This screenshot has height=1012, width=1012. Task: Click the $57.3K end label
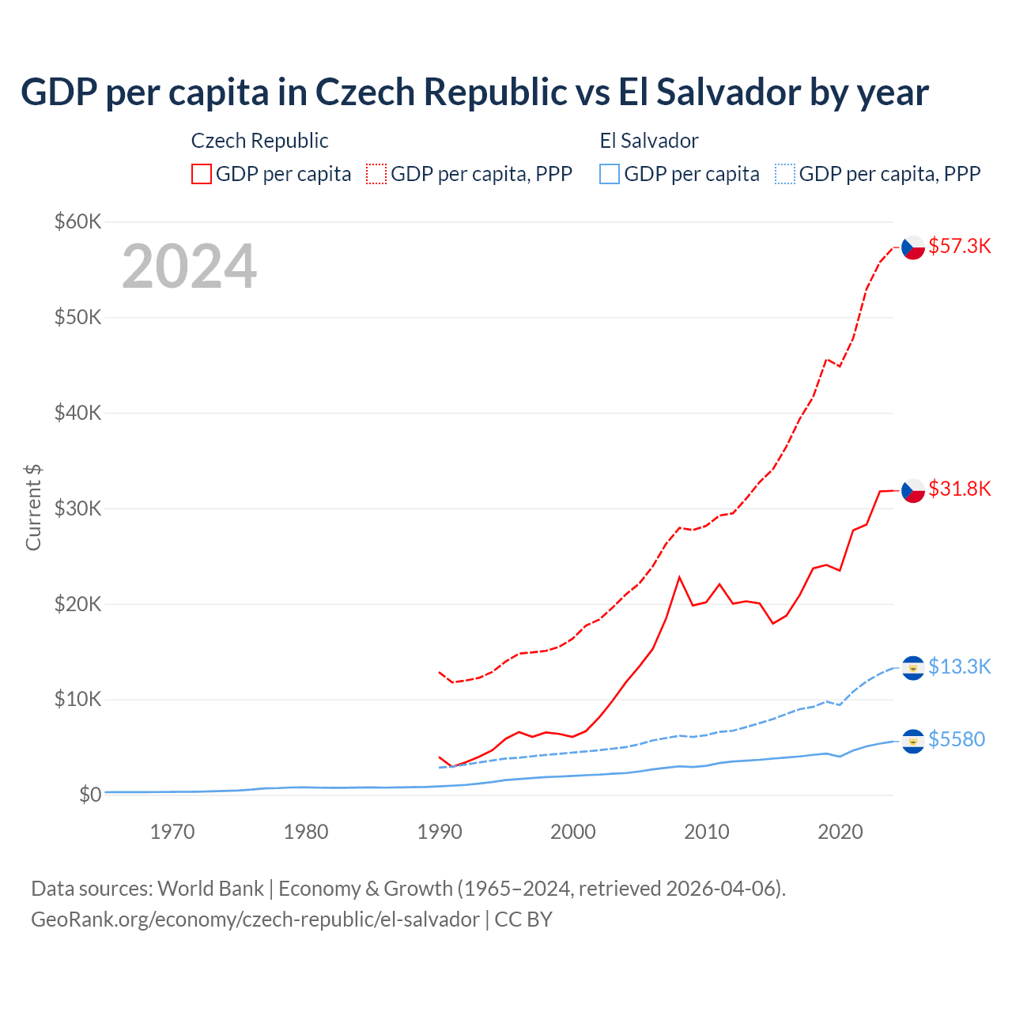(x=959, y=246)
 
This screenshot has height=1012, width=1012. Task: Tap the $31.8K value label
(x=959, y=489)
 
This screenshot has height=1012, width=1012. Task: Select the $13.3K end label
(x=959, y=666)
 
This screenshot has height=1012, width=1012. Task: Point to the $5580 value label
(x=957, y=739)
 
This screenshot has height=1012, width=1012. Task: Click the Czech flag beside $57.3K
(x=913, y=247)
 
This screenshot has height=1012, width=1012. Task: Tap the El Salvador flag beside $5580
(x=913, y=741)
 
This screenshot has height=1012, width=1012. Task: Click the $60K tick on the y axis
(x=77, y=221)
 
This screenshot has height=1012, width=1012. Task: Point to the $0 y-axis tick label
(x=90, y=795)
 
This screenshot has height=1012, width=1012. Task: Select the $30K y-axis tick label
(x=77, y=508)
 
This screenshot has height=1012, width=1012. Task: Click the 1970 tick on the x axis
(x=172, y=832)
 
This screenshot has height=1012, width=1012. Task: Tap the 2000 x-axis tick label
(x=573, y=832)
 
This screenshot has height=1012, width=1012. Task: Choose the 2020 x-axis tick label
(x=840, y=832)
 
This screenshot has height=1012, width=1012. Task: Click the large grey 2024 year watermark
(x=190, y=266)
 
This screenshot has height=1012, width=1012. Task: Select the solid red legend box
(x=202, y=174)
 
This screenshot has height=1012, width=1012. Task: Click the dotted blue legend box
(x=785, y=174)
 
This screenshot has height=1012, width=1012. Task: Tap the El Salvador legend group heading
(x=649, y=141)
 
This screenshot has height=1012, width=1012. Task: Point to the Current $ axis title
(x=33, y=508)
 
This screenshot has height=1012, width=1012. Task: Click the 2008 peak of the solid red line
(x=679, y=577)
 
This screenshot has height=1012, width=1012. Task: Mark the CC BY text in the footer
(x=523, y=919)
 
